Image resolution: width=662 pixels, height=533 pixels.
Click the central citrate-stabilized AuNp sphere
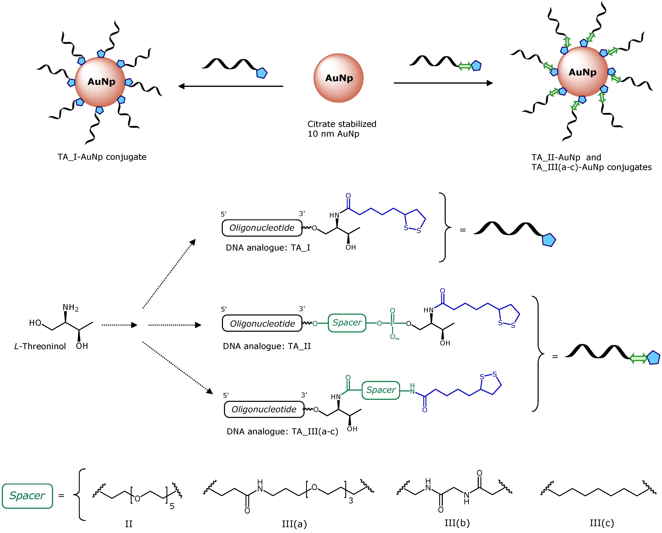[x=338, y=78]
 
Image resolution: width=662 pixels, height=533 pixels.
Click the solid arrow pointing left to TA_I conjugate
[x=230, y=86]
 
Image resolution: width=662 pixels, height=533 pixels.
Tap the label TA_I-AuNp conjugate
[x=102, y=157]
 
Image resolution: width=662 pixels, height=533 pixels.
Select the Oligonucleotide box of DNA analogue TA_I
[x=262, y=228]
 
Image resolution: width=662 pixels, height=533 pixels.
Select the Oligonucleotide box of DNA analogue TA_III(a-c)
[x=264, y=409]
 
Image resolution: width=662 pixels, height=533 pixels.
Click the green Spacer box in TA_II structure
[x=347, y=323]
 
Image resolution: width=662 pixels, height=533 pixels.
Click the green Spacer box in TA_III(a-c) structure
[x=381, y=390]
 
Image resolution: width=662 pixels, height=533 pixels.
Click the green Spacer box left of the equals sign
[x=27, y=496]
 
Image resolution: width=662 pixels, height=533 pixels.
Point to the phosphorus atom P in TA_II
[x=392, y=323]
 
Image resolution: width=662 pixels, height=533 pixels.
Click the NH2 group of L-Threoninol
[x=70, y=308]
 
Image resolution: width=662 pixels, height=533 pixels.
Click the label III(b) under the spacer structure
[x=457, y=523]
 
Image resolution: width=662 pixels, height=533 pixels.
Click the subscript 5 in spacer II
[x=172, y=506]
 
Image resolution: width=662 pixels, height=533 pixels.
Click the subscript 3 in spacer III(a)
[x=351, y=501]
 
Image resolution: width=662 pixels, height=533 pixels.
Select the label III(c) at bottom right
[x=601, y=523]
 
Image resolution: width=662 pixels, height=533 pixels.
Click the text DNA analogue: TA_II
[x=267, y=346]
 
